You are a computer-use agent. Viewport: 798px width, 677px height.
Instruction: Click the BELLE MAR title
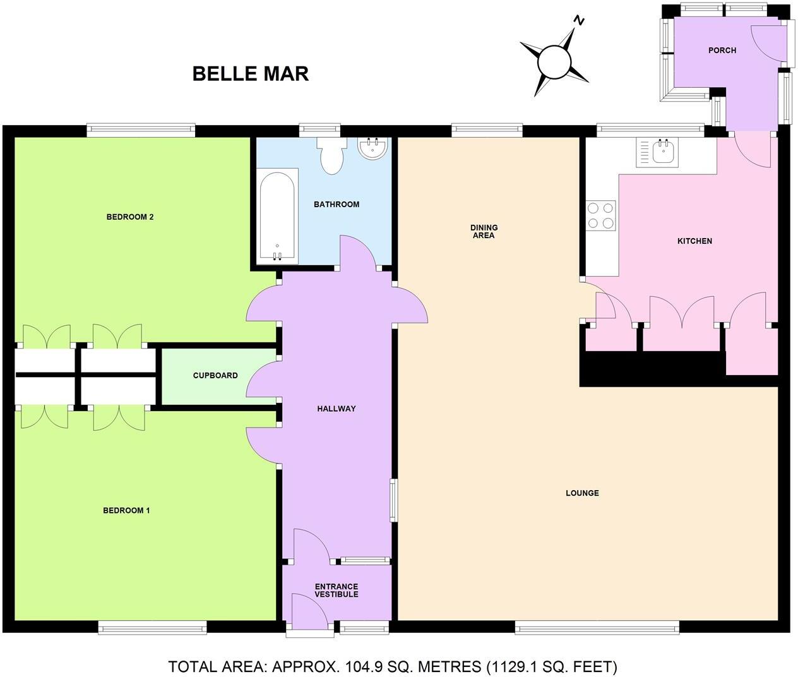pos(251,73)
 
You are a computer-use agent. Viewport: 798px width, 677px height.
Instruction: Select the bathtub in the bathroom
pos(277,215)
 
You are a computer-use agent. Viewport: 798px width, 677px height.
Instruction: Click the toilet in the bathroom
pos(331,155)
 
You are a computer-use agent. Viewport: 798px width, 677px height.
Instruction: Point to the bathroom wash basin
pos(373,148)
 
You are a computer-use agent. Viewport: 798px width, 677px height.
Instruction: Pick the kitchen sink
pos(663,152)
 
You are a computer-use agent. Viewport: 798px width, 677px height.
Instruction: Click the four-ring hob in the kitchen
pos(600,215)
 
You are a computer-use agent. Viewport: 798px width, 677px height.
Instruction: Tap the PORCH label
pos(722,51)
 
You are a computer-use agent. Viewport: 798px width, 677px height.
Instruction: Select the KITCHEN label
pos(694,241)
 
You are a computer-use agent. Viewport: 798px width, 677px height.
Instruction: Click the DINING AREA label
pos(484,231)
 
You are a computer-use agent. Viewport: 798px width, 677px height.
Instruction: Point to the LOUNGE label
pos(581,493)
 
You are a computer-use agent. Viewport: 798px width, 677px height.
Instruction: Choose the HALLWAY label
pos(336,409)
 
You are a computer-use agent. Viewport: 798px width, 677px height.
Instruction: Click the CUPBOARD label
pos(215,376)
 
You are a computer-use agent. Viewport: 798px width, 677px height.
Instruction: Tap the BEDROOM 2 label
pos(130,217)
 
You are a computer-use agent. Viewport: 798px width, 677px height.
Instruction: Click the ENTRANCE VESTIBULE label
pos(336,590)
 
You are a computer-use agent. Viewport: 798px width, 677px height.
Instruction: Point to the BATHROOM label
pos(336,205)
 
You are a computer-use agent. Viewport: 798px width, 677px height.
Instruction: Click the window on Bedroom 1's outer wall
pos(152,627)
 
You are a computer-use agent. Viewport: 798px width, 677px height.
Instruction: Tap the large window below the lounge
pos(597,627)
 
